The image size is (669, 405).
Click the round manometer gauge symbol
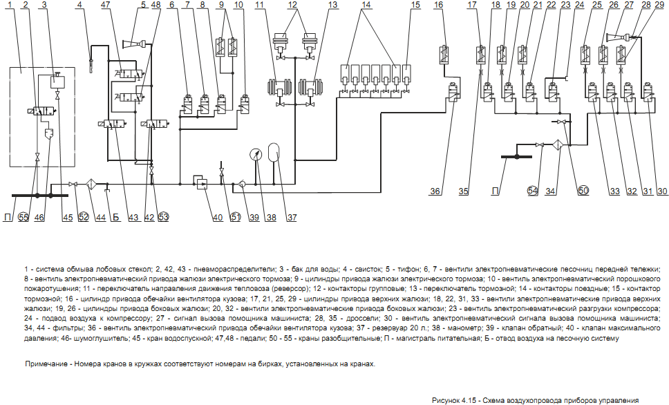click(255, 154)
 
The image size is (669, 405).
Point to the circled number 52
click(83, 218)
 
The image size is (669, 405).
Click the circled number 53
click(163, 218)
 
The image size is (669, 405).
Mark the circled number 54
click(532, 190)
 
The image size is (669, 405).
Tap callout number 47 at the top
click(105, 6)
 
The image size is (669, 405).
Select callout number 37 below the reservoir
click(292, 218)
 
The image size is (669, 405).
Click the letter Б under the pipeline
click(116, 218)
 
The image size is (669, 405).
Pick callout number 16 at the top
click(438, 6)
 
